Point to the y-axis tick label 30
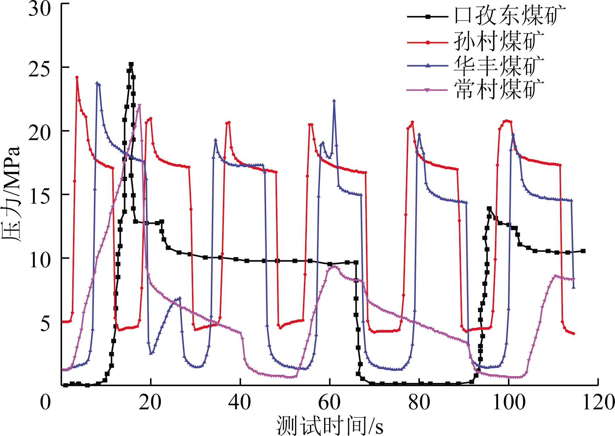click(40, 9)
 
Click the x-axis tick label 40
click(240, 403)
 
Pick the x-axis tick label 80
click(419, 403)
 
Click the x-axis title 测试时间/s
click(329, 425)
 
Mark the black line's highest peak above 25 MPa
click(131, 64)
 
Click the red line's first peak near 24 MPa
click(77, 77)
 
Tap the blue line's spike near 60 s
click(334, 101)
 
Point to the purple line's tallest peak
click(140, 105)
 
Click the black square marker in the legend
click(428, 16)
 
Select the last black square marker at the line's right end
click(583, 251)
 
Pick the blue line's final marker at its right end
click(574, 287)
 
